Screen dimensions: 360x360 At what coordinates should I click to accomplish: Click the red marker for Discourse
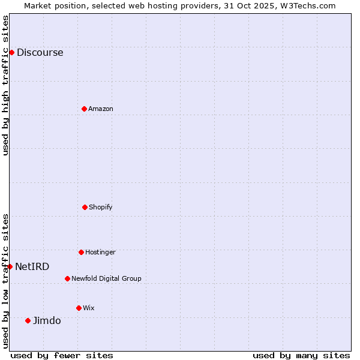[11, 52]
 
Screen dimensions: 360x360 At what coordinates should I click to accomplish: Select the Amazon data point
[84, 109]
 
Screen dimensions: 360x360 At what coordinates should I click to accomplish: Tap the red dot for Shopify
[85, 207]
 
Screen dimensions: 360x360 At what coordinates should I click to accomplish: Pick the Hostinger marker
[81, 252]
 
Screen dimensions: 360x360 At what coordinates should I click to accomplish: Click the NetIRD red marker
[10, 266]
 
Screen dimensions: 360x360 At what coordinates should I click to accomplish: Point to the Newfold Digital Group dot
[67, 278]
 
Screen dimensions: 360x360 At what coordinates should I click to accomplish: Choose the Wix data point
[79, 308]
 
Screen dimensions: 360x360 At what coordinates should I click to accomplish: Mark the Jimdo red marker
[28, 320]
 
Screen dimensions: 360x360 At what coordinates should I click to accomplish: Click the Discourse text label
[40, 53]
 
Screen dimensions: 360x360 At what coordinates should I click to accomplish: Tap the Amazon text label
[101, 109]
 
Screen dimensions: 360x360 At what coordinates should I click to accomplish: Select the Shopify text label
[101, 208]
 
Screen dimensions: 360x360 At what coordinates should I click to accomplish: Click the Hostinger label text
[100, 253]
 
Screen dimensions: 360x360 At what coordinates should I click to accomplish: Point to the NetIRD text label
[32, 267]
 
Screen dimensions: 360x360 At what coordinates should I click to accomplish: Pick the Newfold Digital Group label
[106, 279]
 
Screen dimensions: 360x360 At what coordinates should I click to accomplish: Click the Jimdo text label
[47, 321]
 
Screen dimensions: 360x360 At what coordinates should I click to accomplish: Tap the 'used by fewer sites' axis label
[62, 355]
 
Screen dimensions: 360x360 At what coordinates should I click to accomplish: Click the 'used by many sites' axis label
[301, 355]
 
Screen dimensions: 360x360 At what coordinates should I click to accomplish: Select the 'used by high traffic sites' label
[5, 85]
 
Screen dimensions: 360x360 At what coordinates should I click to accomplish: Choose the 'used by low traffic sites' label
[5, 281]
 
